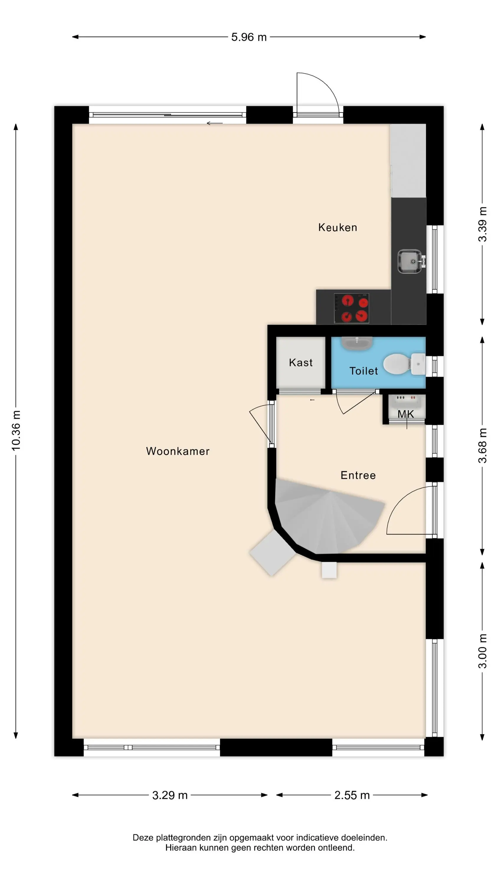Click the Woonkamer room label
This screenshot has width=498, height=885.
(x=178, y=451)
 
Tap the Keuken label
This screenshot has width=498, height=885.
(x=338, y=227)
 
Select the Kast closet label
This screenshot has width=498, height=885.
(x=301, y=363)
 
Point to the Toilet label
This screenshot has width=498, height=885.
(x=363, y=371)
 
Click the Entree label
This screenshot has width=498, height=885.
(x=358, y=475)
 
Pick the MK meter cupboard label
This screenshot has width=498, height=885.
(x=406, y=414)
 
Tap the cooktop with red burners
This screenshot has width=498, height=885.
(x=351, y=308)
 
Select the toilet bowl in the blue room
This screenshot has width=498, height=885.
(x=404, y=364)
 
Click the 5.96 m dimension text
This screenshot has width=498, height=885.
(x=249, y=37)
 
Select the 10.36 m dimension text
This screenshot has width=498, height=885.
(x=16, y=430)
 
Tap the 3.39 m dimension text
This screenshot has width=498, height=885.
(x=483, y=224)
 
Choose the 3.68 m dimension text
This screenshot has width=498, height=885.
(x=483, y=445)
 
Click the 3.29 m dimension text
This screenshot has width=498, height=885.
(x=170, y=795)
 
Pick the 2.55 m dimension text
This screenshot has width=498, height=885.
(x=352, y=795)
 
